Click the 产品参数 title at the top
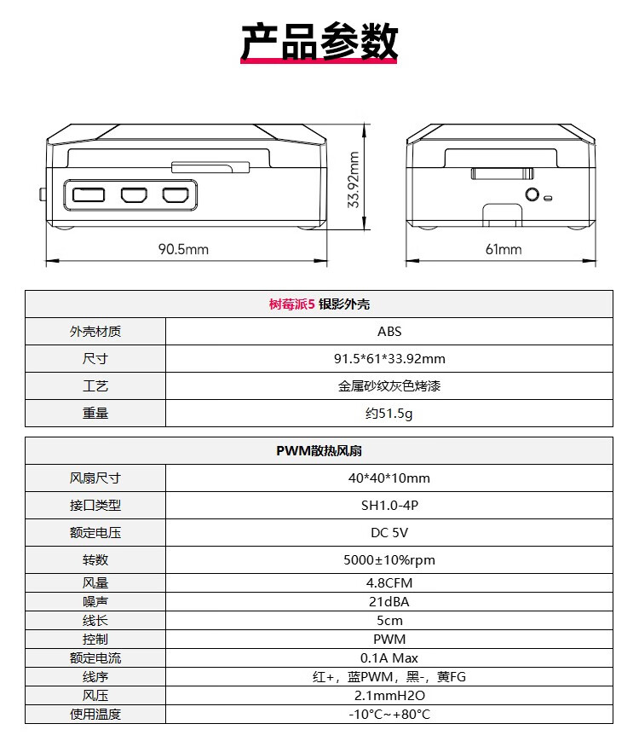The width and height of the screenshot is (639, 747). [x=319, y=42]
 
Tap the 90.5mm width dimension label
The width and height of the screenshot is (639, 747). [x=183, y=249]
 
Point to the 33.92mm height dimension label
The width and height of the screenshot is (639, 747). [x=354, y=180]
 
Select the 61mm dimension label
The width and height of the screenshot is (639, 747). [x=504, y=249]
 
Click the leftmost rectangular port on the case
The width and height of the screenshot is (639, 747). [x=89, y=194]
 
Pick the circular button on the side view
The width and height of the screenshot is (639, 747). [x=532, y=194]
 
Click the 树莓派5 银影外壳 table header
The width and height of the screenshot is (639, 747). [x=319, y=304]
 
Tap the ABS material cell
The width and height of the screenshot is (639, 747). [x=389, y=331]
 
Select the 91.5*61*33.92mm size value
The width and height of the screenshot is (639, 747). [x=389, y=359]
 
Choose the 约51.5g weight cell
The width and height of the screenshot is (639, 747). [x=389, y=413]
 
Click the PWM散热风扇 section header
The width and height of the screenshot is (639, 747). [x=319, y=451]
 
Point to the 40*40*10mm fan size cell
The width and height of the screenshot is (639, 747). [x=389, y=478]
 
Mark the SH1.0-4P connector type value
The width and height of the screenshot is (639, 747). [x=389, y=505]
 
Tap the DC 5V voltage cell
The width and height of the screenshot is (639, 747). [x=389, y=533]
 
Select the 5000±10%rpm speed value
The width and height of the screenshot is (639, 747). [x=389, y=559]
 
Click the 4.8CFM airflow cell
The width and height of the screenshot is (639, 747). [x=389, y=582]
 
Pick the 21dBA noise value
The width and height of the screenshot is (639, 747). [x=389, y=602]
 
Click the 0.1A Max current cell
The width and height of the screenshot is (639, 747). [x=389, y=658]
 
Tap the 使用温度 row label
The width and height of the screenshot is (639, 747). [x=95, y=714]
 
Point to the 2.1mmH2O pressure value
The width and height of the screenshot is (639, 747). [x=389, y=696]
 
